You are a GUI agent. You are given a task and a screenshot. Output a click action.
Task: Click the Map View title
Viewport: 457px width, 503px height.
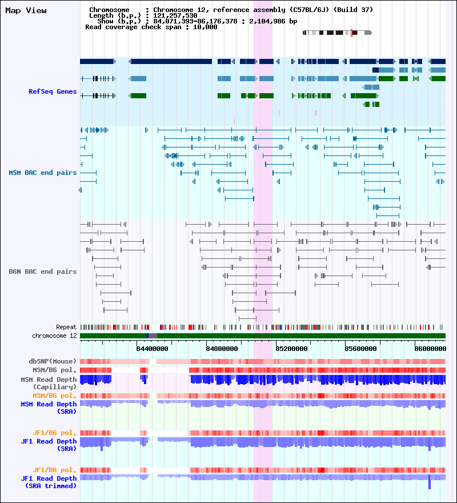pos(26,11)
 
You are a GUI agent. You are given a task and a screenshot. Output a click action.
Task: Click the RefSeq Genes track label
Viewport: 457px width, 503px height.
pos(53,91)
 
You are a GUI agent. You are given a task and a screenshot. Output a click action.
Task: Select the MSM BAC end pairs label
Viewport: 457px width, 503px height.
pos(42,173)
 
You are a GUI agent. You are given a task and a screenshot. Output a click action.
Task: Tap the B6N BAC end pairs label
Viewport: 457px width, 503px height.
pos(42,272)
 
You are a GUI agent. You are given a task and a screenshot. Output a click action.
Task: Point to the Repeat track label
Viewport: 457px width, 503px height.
pos(66,327)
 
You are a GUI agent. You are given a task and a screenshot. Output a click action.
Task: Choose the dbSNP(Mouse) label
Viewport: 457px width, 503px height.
pos(53,361)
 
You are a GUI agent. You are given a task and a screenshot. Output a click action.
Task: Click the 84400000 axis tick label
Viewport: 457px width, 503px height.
pos(151,348)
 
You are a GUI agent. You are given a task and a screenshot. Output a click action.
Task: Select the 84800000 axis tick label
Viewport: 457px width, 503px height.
pos(222,348)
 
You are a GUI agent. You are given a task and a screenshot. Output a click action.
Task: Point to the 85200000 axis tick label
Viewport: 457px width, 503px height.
pos(291,348)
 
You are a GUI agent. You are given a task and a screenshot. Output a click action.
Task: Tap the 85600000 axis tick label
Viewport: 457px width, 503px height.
pos(361,348)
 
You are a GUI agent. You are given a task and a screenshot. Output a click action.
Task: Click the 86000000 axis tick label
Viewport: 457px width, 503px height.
pos(431,348)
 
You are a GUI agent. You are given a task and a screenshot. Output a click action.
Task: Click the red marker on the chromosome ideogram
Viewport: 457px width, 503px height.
pos(351,33)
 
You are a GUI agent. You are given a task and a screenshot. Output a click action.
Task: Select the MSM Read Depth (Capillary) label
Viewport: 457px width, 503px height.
pos(49,383)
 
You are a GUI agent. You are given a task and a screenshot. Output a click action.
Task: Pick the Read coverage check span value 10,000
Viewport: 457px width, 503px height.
pos(206,27)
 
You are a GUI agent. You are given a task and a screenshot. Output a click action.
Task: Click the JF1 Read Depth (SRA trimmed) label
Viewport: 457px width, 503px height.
pos(49,482)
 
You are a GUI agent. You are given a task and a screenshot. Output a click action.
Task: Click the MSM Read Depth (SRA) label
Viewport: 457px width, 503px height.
pos(49,408)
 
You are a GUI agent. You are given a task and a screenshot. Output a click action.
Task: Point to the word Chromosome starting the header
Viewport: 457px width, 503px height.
pos(109,10)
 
